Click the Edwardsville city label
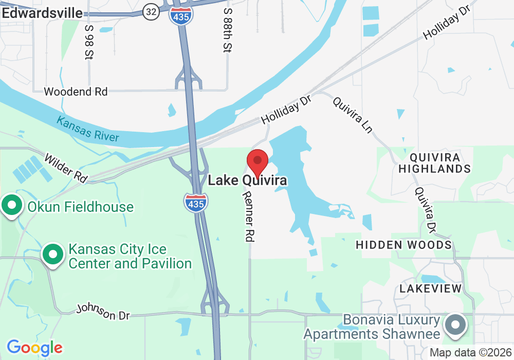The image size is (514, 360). (42, 13)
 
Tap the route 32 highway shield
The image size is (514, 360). (151, 13)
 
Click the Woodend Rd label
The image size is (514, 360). (76, 92)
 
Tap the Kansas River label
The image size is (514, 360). (88, 129)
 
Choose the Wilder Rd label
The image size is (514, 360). (66, 167)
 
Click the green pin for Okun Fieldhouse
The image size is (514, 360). (11, 206)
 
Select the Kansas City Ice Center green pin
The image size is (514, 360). (52, 255)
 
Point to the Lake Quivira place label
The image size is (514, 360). (247, 181)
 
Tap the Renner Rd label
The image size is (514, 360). (249, 217)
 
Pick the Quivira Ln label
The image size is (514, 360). (353, 114)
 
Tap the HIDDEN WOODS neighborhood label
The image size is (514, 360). (404, 245)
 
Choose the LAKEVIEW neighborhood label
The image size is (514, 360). (431, 289)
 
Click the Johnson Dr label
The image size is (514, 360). (103, 312)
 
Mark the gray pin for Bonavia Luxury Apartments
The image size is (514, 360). (455, 326)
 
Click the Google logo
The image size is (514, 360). (34, 348)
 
